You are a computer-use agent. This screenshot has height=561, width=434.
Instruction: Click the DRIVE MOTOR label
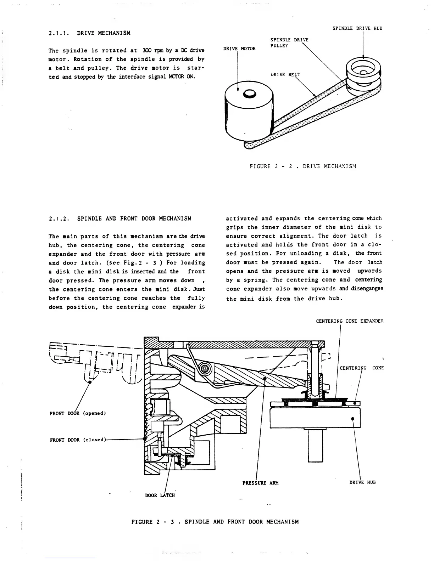tap(239, 49)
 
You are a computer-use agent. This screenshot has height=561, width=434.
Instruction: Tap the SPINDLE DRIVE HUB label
tap(358, 28)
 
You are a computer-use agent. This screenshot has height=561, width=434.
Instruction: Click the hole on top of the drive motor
tap(249, 93)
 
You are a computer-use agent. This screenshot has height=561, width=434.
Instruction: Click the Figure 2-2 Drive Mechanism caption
tap(303, 166)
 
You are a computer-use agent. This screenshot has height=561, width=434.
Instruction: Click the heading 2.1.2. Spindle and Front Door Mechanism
tap(120, 219)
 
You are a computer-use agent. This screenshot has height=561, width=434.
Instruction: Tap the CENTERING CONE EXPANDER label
tap(350, 321)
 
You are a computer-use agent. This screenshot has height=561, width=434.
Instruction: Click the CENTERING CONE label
tap(361, 368)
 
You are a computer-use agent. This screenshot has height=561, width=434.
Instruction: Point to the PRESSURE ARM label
tap(260, 483)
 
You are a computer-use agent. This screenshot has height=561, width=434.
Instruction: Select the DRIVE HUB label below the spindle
tap(362, 482)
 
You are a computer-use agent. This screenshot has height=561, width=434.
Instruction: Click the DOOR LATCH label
tap(160, 495)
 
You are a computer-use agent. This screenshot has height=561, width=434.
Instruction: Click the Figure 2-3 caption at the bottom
tap(215, 522)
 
